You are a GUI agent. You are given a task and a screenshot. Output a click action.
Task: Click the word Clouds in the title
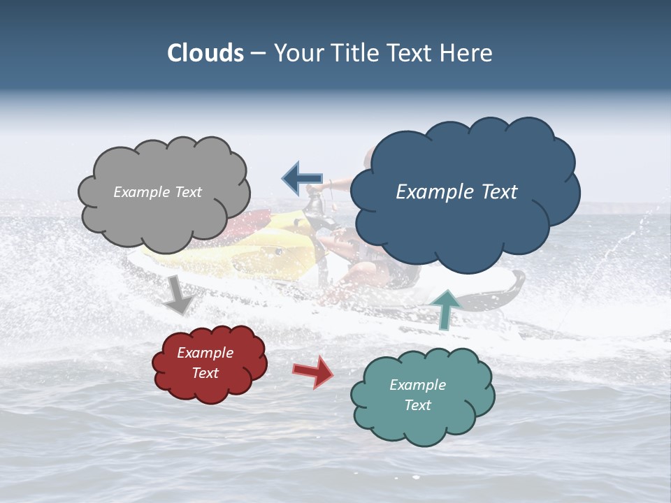pyautogui.click(x=205, y=53)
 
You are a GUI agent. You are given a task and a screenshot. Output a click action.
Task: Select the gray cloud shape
pyautogui.click(x=164, y=210)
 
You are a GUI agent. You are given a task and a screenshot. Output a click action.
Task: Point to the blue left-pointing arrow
pyautogui.click(x=302, y=179)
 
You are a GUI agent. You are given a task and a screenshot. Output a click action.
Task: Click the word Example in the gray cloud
pyautogui.click(x=140, y=192)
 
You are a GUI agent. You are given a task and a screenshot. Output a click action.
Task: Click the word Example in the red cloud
pyautogui.click(x=205, y=353)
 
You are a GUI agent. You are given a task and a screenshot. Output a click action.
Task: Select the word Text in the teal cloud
pyautogui.click(x=418, y=405)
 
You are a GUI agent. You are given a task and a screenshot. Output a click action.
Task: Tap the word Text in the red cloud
pyautogui.click(x=205, y=373)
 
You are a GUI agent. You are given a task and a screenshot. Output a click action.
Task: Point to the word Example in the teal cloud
pyautogui.click(x=418, y=385)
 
